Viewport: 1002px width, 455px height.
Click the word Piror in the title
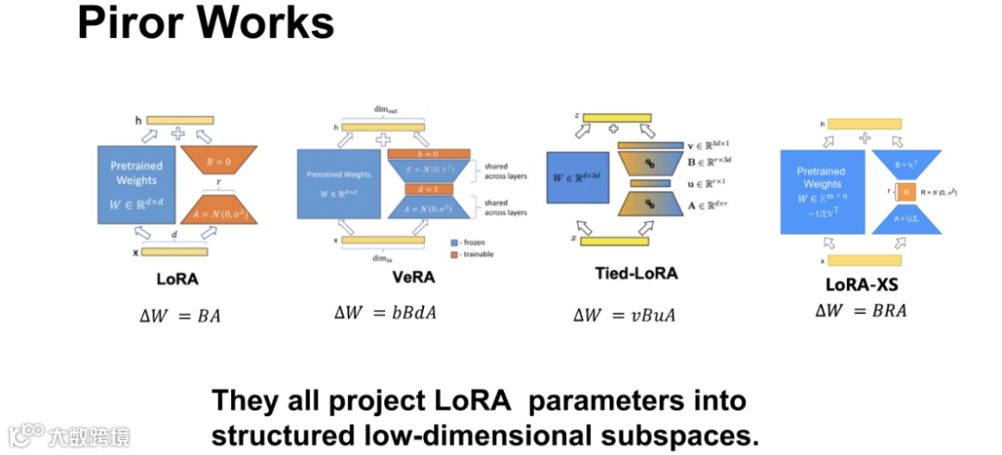[135, 23]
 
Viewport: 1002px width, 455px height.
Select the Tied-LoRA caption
[636, 273]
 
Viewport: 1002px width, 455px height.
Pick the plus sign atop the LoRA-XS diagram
[865, 137]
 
